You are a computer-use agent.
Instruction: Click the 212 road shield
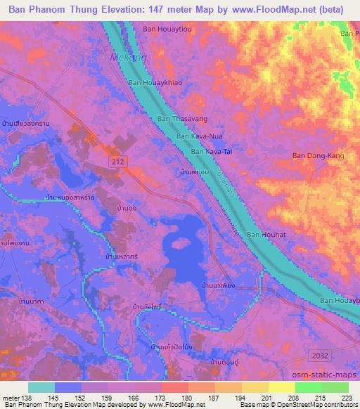coord(120,162)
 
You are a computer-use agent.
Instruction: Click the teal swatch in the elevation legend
coord(41,387)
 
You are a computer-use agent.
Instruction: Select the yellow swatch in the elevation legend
coord(281,387)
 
